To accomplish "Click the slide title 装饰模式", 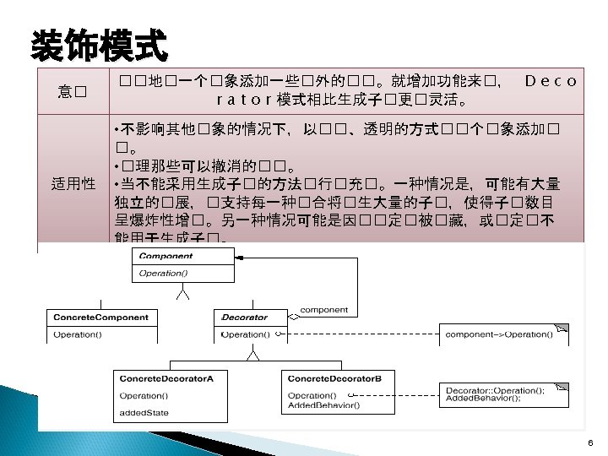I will (x=99, y=46).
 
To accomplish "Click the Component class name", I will (x=166, y=256).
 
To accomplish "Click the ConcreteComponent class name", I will (x=100, y=318).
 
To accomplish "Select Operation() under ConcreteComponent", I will (x=77, y=334).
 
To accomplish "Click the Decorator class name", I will (x=244, y=318).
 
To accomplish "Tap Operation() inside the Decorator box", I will (x=245, y=334).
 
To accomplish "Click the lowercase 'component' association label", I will (x=323, y=310).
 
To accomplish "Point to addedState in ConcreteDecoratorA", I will (x=144, y=413).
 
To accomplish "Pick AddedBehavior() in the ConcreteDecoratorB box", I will (x=324, y=405).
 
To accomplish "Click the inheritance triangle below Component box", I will (x=182, y=293).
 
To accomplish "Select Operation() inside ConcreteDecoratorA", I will (x=143, y=395).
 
